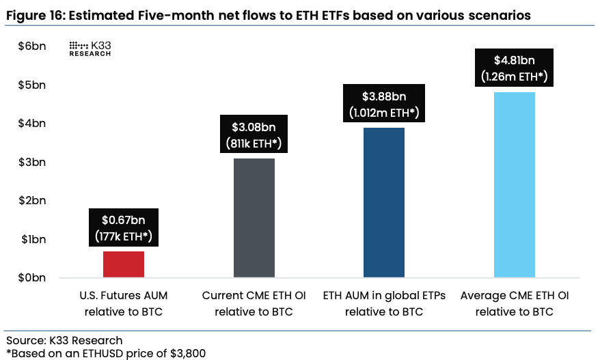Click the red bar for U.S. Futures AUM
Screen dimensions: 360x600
pyautogui.click(x=124, y=264)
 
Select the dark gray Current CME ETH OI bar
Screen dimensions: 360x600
pyautogui.click(x=254, y=218)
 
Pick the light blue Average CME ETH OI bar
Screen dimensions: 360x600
pyautogui.click(x=515, y=184)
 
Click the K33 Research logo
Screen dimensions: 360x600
pyautogui.click(x=91, y=49)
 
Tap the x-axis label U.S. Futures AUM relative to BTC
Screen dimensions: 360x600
pyautogui.click(x=124, y=304)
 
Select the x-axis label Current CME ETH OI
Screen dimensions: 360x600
pyautogui.click(x=254, y=296)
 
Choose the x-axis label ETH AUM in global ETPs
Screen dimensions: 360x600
pyautogui.click(x=384, y=296)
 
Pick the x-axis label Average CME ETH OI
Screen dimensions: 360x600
pyautogui.click(x=515, y=296)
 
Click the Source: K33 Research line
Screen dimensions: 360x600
pyautogui.click(x=64, y=340)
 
